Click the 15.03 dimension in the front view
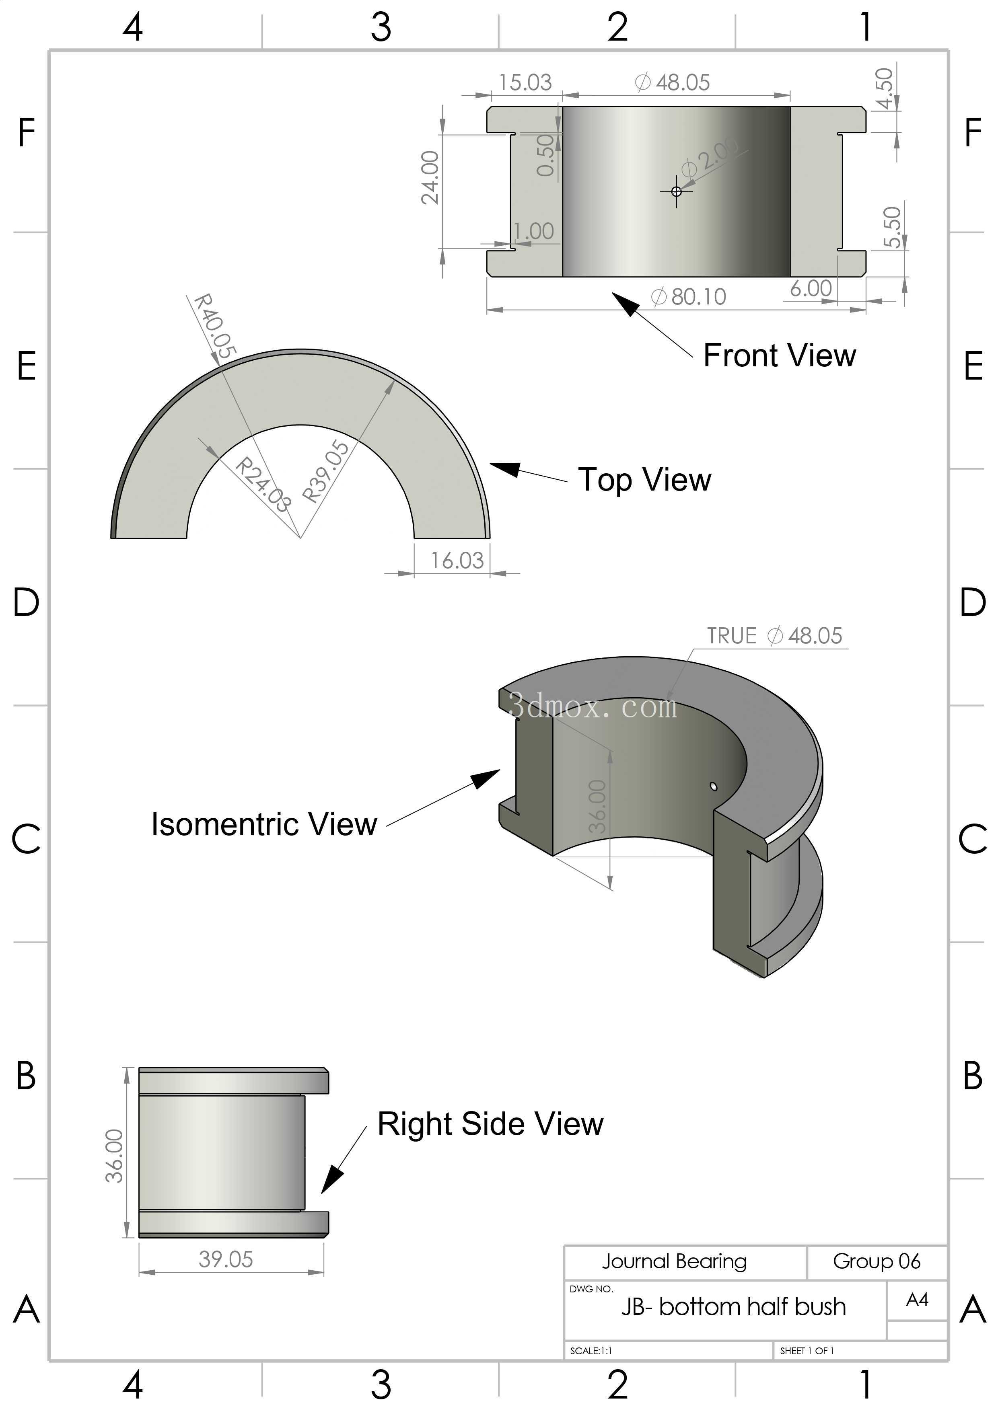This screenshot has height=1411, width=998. click(525, 82)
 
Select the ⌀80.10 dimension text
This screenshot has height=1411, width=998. click(688, 297)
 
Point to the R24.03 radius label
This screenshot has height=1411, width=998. click(263, 484)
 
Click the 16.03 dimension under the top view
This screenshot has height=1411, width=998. click(457, 561)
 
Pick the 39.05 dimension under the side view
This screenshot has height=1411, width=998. click(226, 1259)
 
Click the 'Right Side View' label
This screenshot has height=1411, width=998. click(490, 1124)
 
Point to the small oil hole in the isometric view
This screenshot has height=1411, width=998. click(713, 786)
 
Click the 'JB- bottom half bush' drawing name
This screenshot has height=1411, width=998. click(734, 1306)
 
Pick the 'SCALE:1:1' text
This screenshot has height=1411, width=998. click(591, 1351)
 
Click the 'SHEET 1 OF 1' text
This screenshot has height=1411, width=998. click(807, 1351)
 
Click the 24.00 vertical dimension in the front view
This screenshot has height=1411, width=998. click(430, 178)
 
